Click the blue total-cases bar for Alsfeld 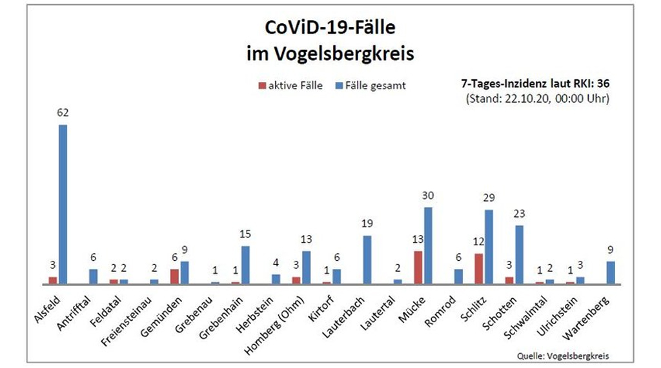63,204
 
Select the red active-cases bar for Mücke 418,267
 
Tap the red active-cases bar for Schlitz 478,269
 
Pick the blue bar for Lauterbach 367,260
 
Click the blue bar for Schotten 519,254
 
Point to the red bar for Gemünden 174,276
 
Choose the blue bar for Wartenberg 611,272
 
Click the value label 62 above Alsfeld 63,113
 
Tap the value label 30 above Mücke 427,196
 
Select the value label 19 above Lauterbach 367,224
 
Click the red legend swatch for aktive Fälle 261,85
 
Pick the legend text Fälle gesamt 376,85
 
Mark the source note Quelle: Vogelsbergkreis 563,356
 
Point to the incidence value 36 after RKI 603,84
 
